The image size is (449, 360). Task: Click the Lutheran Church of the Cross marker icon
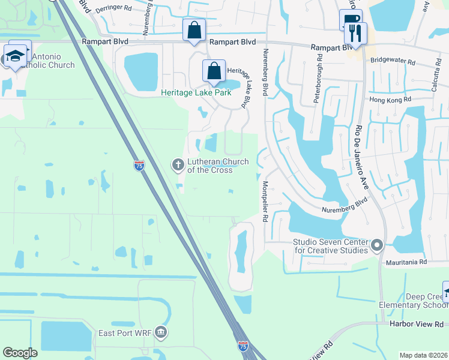[x=178, y=164]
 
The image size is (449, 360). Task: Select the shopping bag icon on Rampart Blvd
[x=194, y=30]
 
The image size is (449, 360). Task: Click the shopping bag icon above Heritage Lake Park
[x=214, y=71]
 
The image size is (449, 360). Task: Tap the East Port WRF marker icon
[x=160, y=332]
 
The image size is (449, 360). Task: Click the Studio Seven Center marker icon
[x=377, y=245]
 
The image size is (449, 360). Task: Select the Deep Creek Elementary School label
[x=414, y=301]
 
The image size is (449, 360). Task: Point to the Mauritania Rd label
[x=406, y=262]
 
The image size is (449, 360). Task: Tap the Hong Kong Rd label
[x=390, y=100]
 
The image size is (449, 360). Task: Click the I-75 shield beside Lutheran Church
[x=139, y=164]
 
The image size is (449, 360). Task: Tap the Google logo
[x=20, y=353]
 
